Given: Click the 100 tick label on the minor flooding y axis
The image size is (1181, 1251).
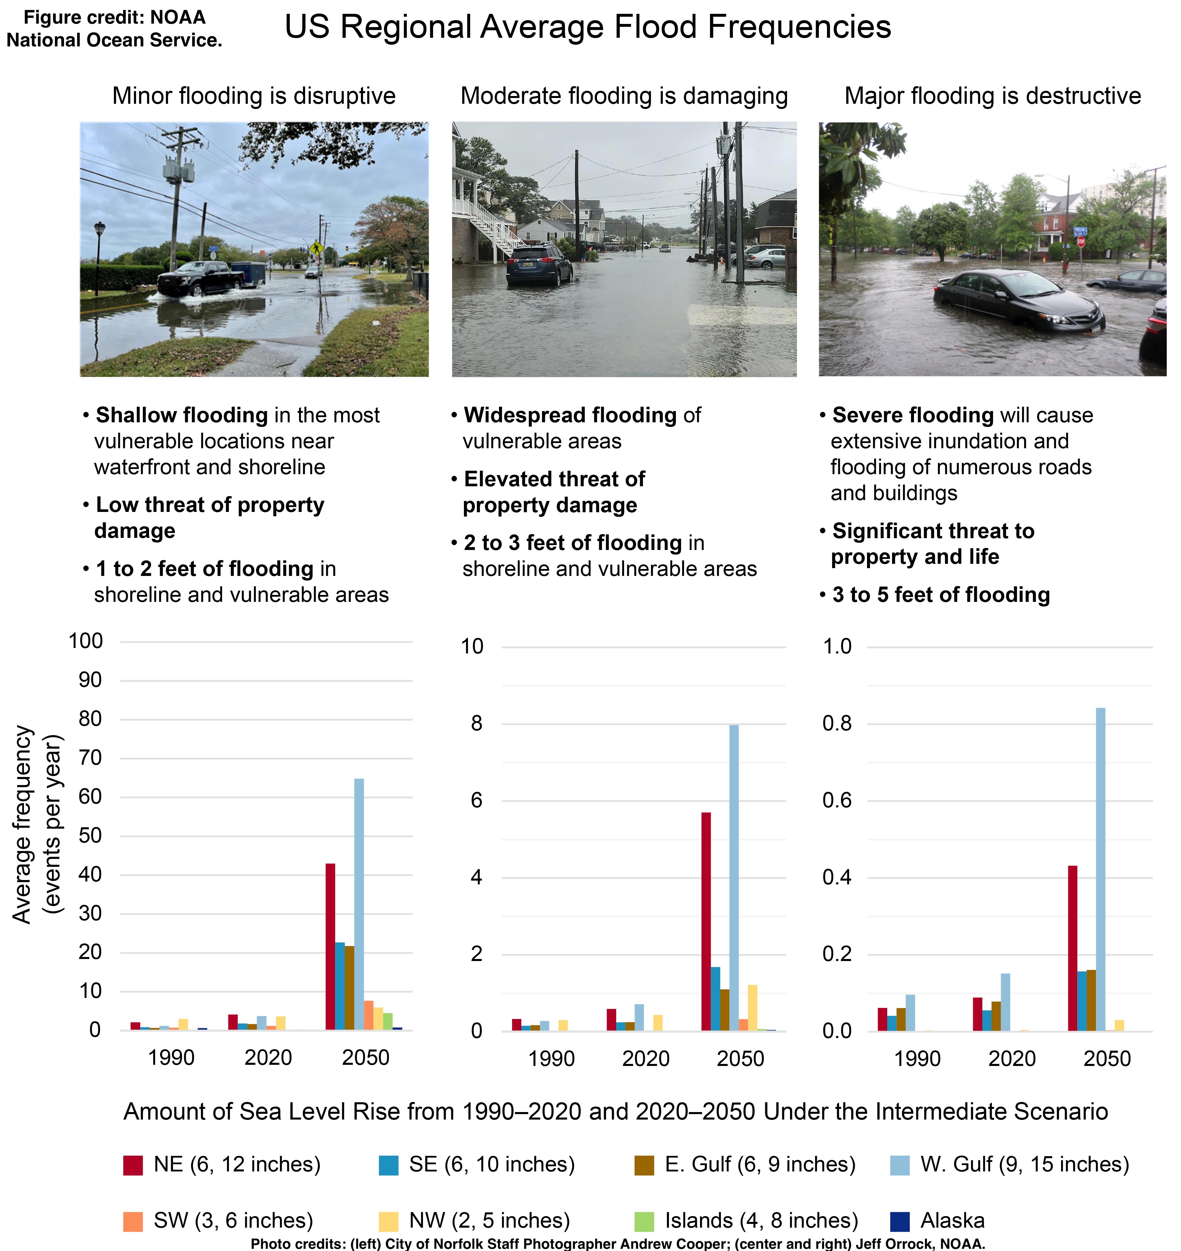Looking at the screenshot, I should point(86,641).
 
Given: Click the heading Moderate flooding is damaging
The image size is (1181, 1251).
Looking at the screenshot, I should point(624,96).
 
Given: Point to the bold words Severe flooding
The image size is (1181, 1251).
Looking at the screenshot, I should point(913,415).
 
